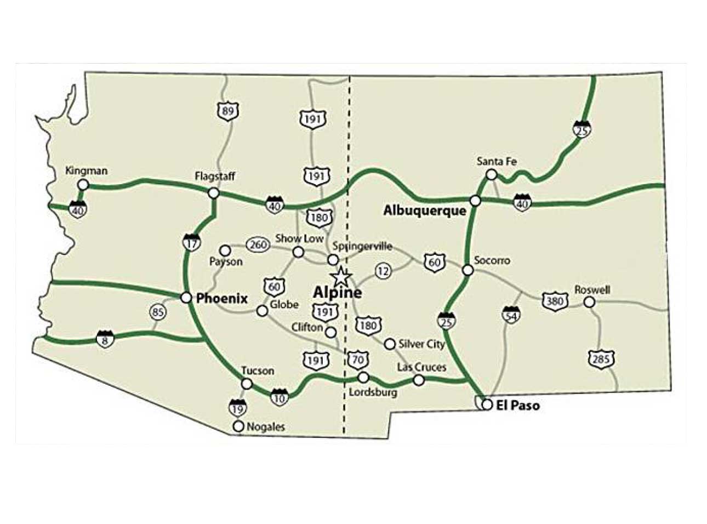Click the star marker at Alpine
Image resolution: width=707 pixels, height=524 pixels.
click(340, 275)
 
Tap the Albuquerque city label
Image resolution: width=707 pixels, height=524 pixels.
click(425, 210)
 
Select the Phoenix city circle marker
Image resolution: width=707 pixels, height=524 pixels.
click(186, 297)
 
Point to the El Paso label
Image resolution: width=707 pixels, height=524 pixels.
click(517, 406)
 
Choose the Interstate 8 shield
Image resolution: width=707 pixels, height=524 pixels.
click(105, 338)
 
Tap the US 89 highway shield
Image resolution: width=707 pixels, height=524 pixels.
click(227, 111)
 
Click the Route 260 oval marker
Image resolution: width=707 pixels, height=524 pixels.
click(258, 244)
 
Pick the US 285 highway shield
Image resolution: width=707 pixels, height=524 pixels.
click(602, 360)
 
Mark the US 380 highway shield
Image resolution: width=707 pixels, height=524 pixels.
click(555, 301)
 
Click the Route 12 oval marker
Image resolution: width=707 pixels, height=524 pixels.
click(383, 270)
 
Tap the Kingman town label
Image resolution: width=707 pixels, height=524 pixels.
click(86, 170)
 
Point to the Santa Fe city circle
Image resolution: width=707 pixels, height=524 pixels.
click(492, 174)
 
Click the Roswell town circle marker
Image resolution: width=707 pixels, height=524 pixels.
click(589, 302)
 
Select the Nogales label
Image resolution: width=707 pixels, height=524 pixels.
click(266, 426)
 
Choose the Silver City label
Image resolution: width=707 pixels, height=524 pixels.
click(421, 344)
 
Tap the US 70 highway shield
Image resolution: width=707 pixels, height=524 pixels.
click(358, 360)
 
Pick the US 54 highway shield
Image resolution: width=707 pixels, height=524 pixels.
click(511, 315)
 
